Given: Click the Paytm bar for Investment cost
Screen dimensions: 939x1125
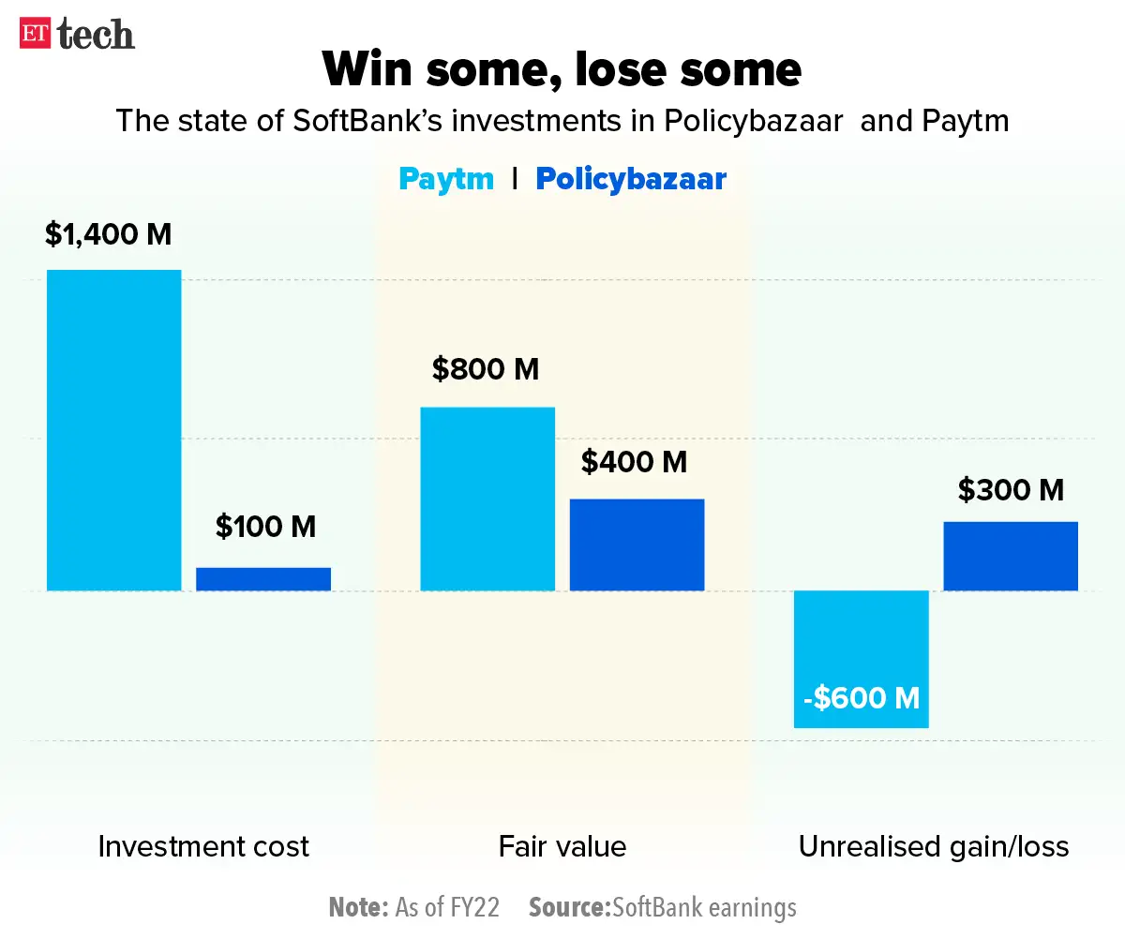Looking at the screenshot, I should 113,430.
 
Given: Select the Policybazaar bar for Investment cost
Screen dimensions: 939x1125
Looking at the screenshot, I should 263,579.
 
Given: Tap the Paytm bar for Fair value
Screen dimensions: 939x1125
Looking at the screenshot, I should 487,499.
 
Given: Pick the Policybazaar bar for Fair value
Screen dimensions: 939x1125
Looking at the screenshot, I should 637,544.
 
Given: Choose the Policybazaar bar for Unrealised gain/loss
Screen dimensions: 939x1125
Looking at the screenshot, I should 1011,556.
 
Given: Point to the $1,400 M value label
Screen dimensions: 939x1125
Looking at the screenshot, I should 109,234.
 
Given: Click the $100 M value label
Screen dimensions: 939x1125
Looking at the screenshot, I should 265,527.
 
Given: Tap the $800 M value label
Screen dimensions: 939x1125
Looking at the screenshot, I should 486,369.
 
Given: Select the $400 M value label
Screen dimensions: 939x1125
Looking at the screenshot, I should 635,461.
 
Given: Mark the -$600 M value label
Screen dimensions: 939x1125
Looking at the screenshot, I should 861,698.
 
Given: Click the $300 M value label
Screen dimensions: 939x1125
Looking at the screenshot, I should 1011,489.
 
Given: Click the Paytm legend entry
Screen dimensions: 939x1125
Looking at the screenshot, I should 446,178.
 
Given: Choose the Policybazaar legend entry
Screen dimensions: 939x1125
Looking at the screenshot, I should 631,178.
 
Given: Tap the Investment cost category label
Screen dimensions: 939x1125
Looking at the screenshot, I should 203,847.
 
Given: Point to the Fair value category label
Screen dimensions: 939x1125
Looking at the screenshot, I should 562,847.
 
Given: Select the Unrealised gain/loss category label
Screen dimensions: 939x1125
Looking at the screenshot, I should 934,847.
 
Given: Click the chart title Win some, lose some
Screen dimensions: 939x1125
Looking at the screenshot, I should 562,68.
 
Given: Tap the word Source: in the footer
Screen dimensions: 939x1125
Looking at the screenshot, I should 569,907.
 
